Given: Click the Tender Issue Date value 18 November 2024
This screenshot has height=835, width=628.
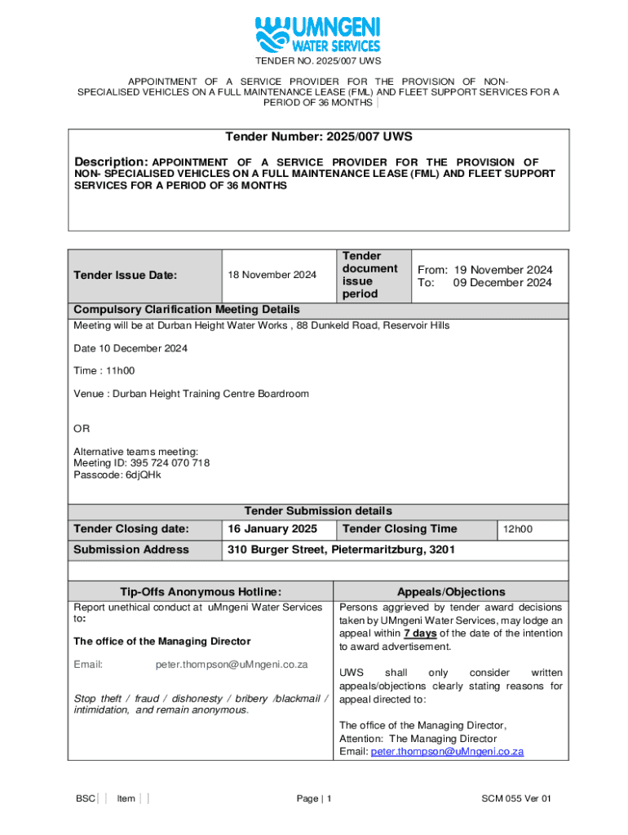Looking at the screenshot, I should tap(272, 276).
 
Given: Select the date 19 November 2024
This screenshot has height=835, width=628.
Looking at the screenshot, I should tap(503, 270).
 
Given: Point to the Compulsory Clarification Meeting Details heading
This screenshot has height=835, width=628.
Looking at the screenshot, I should tap(186, 310).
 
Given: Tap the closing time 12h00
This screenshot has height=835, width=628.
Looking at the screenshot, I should tap(517, 529).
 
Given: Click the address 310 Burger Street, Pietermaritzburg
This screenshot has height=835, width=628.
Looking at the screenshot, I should tap(341, 550).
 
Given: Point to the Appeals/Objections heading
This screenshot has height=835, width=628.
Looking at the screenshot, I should tap(451, 592).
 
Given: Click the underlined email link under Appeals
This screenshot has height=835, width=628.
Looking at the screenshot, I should tap(447, 751).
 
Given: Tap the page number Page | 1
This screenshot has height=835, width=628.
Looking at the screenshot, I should tap(314, 799).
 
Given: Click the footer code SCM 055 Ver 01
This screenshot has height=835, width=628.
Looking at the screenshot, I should tap(516, 799).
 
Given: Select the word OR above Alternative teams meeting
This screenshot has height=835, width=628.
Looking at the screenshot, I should tap(82, 429).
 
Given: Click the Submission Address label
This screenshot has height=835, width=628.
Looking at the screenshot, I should tap(131, 550).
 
